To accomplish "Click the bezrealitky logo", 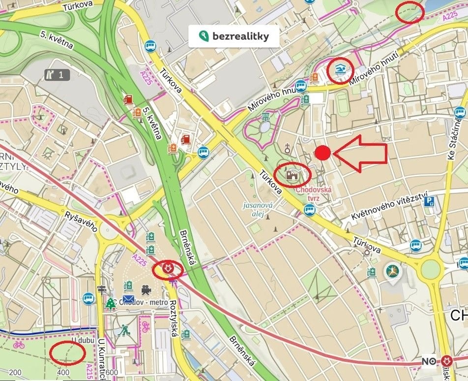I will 234,36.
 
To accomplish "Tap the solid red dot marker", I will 322,153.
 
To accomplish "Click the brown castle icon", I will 292,175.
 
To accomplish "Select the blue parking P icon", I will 430,201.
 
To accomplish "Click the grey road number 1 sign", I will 57,75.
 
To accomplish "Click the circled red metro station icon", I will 168,269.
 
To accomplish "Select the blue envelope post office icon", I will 128,299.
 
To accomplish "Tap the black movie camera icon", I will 146,289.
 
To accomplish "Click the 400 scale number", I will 63,373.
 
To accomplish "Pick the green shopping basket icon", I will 266,117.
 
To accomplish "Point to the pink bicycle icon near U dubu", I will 19,345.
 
